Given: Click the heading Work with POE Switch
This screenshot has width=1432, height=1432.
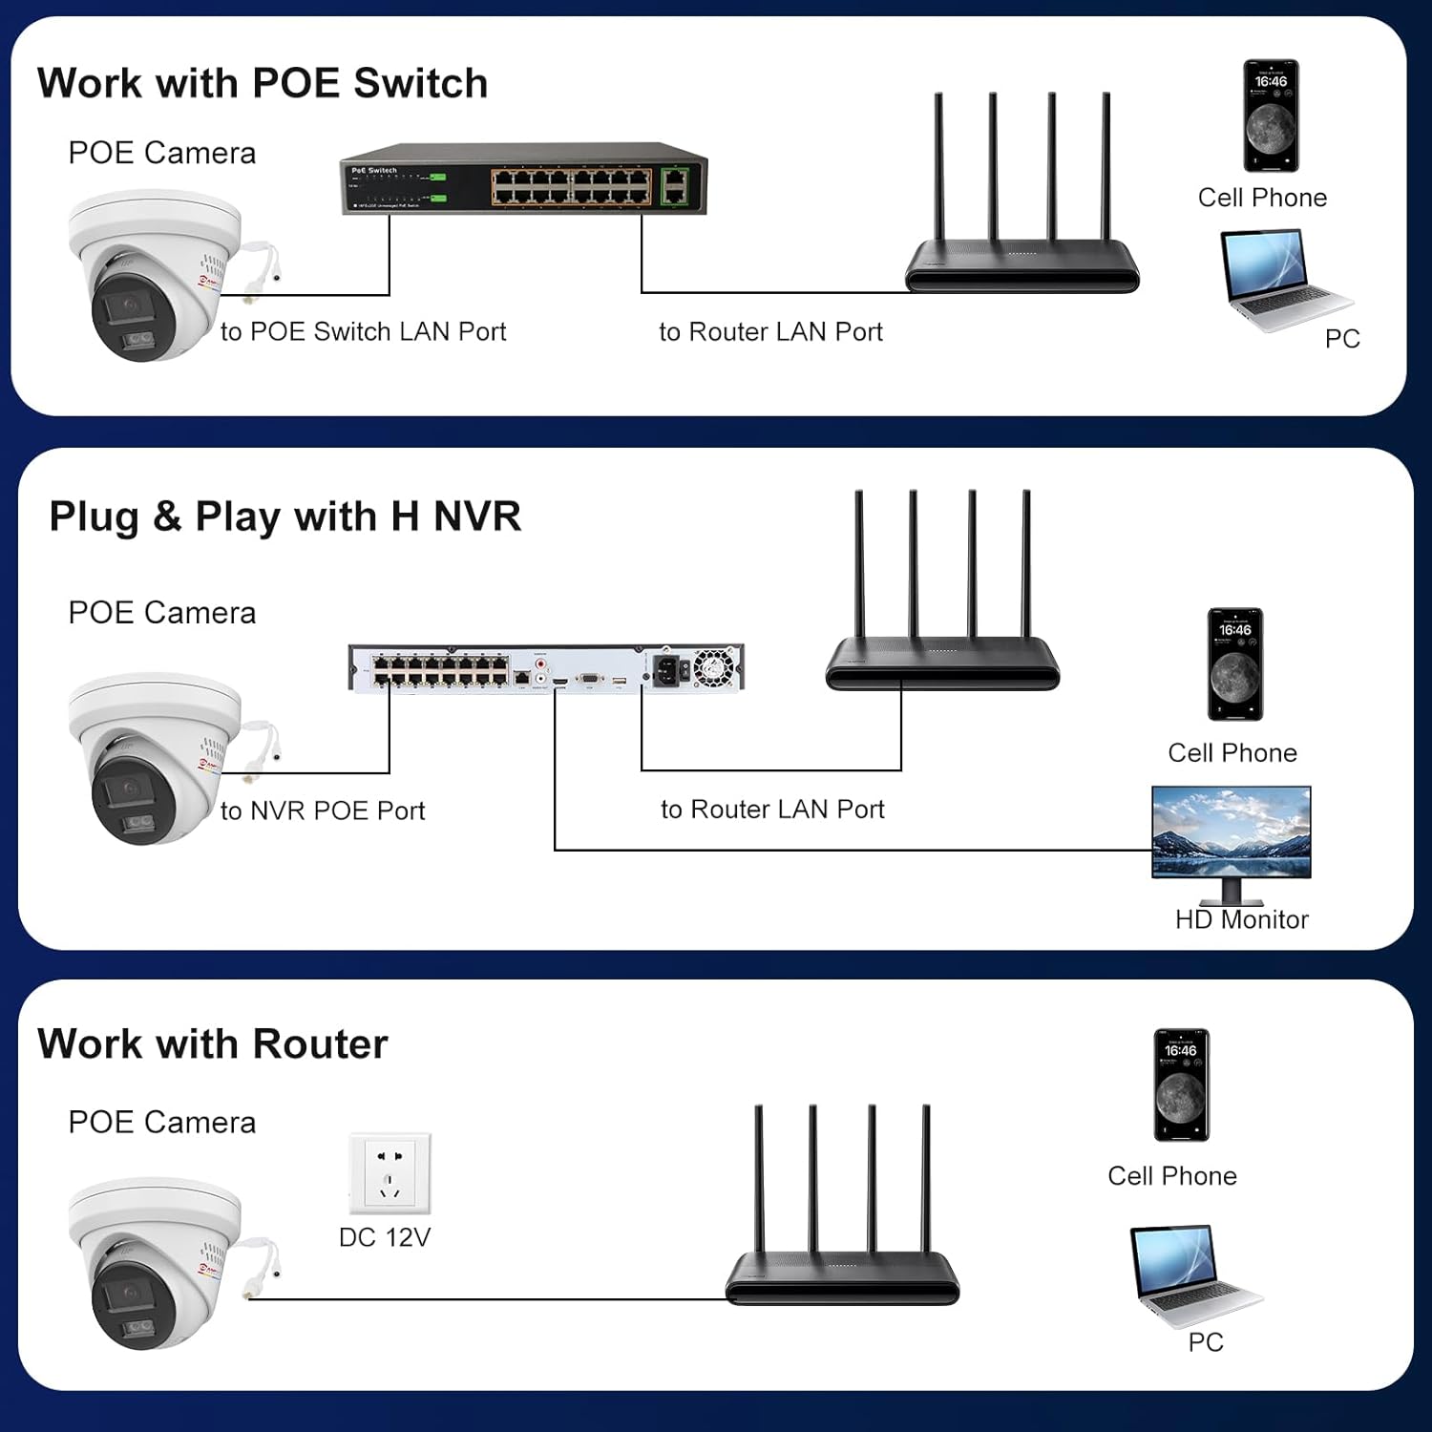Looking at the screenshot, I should tap(263, 84).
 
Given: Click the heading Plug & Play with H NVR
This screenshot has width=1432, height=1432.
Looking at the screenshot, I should tap(284, 517).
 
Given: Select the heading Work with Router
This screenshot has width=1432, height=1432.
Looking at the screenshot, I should tap(212, 1044).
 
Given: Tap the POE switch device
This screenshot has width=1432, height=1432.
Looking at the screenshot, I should tap(524, 181).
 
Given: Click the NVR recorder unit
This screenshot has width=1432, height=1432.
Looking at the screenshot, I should tap(546, 667).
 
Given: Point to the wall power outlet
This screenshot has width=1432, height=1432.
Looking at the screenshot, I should tap(390, 1173).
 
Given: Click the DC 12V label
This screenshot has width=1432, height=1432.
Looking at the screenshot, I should tap(385, 1238).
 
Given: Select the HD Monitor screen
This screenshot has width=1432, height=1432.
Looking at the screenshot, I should tap(1232, 832).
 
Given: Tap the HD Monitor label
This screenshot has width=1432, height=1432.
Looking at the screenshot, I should tap(1241, 920).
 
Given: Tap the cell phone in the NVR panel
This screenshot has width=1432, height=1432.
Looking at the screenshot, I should tap(1235, 664).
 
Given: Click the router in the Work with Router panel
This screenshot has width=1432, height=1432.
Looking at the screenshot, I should tap(842, 1241).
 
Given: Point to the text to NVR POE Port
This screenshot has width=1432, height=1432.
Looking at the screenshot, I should tap(323, 811).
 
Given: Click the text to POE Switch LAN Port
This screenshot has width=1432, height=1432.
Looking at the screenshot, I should tap(363, 332).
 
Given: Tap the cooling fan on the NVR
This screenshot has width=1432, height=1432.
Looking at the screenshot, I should tap(712, 667).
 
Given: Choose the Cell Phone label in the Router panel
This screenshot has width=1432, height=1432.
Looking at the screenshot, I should tap(1172, 1176).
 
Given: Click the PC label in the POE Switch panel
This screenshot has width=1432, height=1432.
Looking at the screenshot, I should tap(1342, 339).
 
